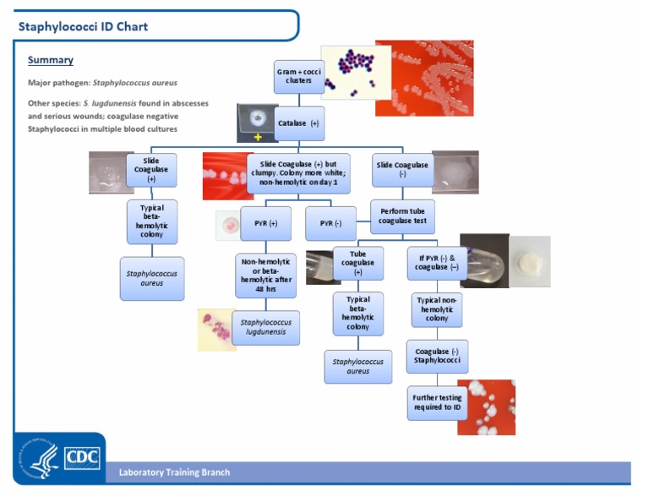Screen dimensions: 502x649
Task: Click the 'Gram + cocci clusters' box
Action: click(x=297, y=77)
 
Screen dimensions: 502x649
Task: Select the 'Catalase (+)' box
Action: click(x=299, y=123)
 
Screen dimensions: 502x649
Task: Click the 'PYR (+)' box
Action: click(x=265, y=223)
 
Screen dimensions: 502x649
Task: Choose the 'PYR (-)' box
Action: click(x=330, y=223)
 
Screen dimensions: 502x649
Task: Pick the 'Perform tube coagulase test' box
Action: click(x=402, y=216)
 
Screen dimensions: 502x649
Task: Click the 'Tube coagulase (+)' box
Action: click(x=357, y=263)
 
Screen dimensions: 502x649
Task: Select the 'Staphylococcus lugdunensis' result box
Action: click(x=265, y=327)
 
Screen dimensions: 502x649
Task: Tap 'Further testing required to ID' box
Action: click(x=436, y=402)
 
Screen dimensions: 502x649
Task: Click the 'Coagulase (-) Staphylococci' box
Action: click(x=436, y=356)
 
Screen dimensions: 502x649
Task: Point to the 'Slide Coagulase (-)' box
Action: click(x=402, y=170)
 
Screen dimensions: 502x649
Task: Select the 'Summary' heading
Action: click(x=50, y=60)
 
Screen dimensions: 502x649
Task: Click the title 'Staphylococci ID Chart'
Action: click(x=83, y=26)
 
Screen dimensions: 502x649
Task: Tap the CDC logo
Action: click(x=82, y=458)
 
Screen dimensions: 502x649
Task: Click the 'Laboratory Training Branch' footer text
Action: click(x=174, y=472)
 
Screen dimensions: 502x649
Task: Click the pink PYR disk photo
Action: click(x=227, y=225)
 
